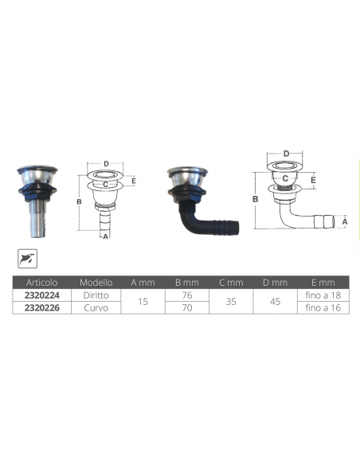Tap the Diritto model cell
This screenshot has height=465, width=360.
pos(96,294)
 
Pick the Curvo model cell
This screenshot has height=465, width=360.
pos(96,305)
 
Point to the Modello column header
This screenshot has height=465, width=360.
pos(96,282)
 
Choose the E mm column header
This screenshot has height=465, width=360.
pos(322,282)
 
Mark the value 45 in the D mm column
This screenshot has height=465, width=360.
pos(275,299)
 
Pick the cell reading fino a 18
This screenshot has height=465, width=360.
pos(322,294)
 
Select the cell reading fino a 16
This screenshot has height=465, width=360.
pos(322,305)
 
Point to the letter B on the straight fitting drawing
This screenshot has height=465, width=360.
pos(79,202)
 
